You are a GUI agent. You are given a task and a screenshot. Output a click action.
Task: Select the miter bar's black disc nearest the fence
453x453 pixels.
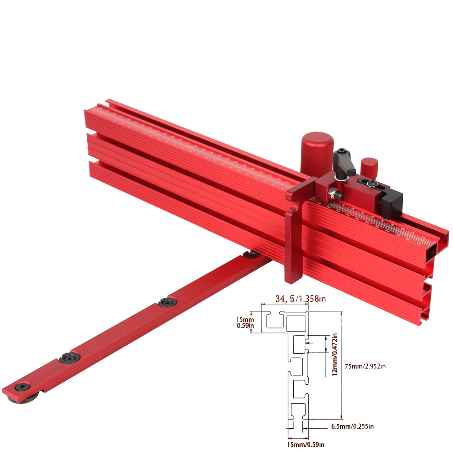point(250,255)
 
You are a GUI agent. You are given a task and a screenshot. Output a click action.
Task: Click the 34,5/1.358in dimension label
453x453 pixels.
point(300,299)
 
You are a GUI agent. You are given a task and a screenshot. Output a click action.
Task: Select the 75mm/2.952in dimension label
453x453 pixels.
point(365,366)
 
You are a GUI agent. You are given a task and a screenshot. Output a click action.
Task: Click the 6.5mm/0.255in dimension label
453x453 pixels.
point(352,427)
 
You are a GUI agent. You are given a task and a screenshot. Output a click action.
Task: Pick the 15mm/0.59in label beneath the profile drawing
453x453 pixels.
point(305,444)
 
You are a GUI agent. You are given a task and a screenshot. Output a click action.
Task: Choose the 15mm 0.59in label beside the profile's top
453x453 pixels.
point(245,322)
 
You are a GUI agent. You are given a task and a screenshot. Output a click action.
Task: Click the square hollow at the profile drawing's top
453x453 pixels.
point(296,322)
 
